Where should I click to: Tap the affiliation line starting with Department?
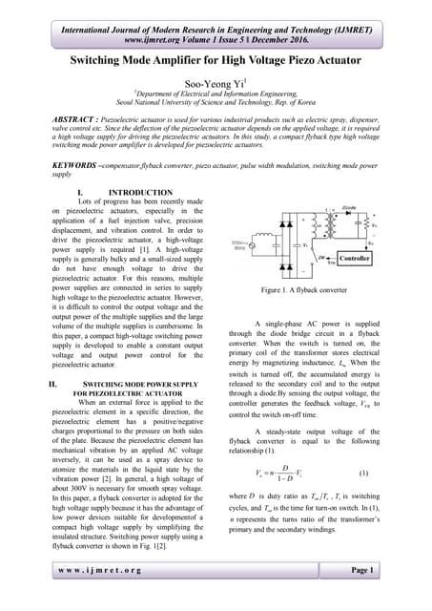coord(216,95)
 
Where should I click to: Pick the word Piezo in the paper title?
coord(303,59)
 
